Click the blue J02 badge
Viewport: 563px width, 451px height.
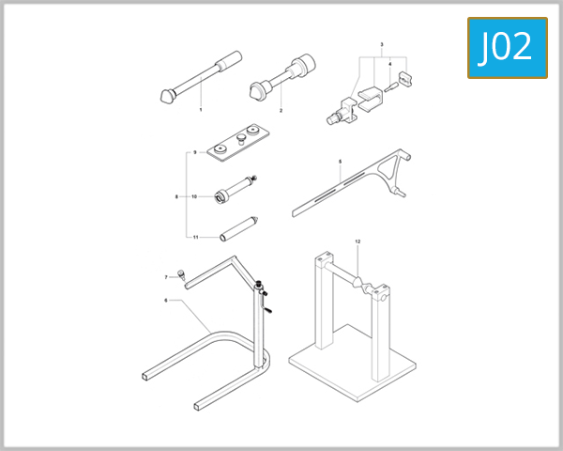coord(507,47)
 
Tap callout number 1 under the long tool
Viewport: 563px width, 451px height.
coord(201,110)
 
